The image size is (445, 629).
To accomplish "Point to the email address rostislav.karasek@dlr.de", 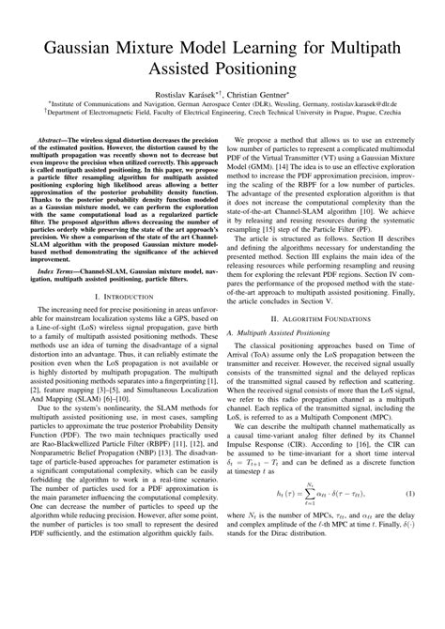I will click(366, 109).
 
